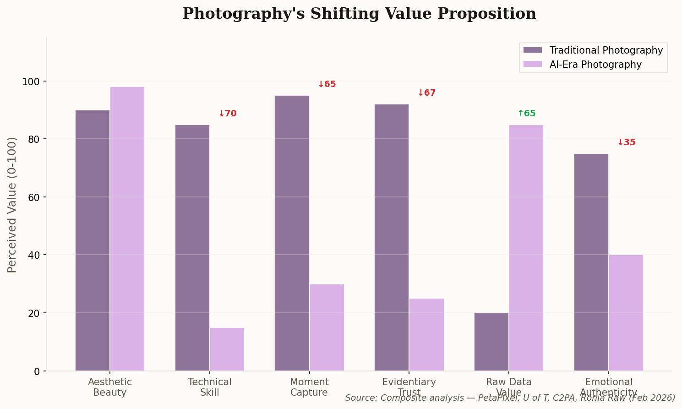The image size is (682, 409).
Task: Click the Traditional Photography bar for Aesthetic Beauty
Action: point(93,240)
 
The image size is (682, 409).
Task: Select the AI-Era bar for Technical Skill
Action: point(227,349)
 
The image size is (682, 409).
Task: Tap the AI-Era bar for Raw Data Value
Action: point(526,248)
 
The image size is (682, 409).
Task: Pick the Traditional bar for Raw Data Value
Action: point(491,342)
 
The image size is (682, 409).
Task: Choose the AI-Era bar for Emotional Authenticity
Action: point(626,313)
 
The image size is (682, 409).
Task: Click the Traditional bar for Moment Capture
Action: point(292,233)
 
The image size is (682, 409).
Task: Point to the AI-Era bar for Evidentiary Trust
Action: point(426,334)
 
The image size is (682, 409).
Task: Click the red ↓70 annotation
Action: point(227,114)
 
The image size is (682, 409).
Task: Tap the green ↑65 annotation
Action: point(526,114)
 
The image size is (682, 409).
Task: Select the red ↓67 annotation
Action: point(426,93)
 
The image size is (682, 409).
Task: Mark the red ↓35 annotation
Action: point(626,142)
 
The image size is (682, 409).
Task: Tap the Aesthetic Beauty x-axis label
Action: point(110,387)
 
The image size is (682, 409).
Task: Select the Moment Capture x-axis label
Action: point(309,387)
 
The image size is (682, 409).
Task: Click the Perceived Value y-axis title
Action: point(12,205)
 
